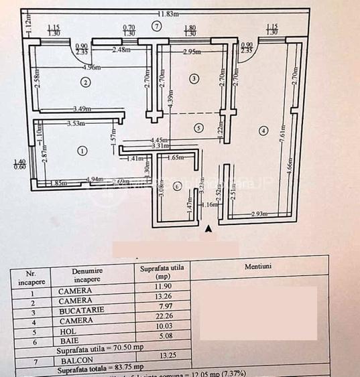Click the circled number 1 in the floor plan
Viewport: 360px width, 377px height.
82,151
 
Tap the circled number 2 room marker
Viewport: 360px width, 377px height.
85,82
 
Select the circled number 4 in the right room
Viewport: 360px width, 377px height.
263,130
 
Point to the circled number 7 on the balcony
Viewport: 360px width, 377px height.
156,26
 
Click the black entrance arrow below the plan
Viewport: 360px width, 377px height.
209,230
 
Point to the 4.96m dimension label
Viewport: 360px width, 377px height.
92,67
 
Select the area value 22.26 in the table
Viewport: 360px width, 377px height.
164,317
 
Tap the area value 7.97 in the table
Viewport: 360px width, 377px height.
164,307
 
